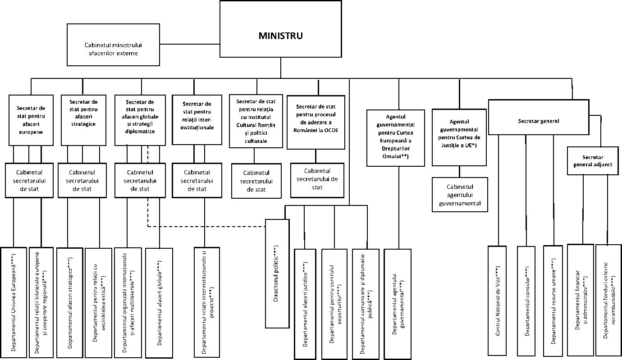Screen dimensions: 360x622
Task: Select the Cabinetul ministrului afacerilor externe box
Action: coord(111,44)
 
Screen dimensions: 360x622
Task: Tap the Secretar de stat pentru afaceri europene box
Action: coord(30,120)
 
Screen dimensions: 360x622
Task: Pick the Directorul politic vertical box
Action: coord(277,273)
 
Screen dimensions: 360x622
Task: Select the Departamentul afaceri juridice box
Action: coord(306,303)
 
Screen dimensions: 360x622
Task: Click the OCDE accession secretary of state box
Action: coord(316,121)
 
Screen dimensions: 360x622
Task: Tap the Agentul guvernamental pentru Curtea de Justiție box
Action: coord(459,137)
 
